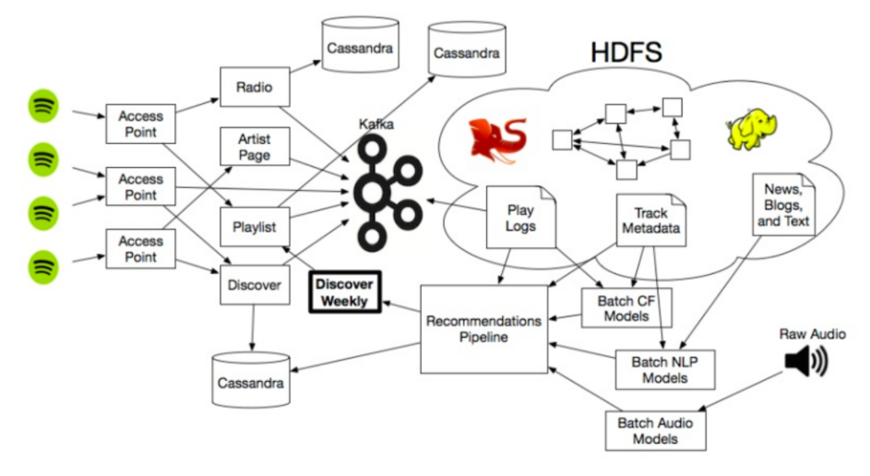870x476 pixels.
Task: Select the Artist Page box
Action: pyautogui.click(x=255, y=148)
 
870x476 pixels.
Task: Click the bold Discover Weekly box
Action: pyautogui.click(x=344, y=292)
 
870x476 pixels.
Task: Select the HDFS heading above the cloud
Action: pyautogui.click(x=626, y=52)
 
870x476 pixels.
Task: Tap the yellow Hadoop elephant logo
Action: pyautogui.click(x=750, y=131)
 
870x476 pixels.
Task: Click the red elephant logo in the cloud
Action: pyautogui.click(x=498, y=141)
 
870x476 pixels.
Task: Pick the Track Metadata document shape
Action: pyautogui.click(x=651, y=220)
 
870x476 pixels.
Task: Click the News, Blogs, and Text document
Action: pyautogui.click(x=783, y=204)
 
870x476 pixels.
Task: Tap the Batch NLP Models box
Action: pyautogui.click(x=665, y=368)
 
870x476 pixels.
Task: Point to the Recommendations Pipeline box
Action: pyautogui.click(x=483, y=329)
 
